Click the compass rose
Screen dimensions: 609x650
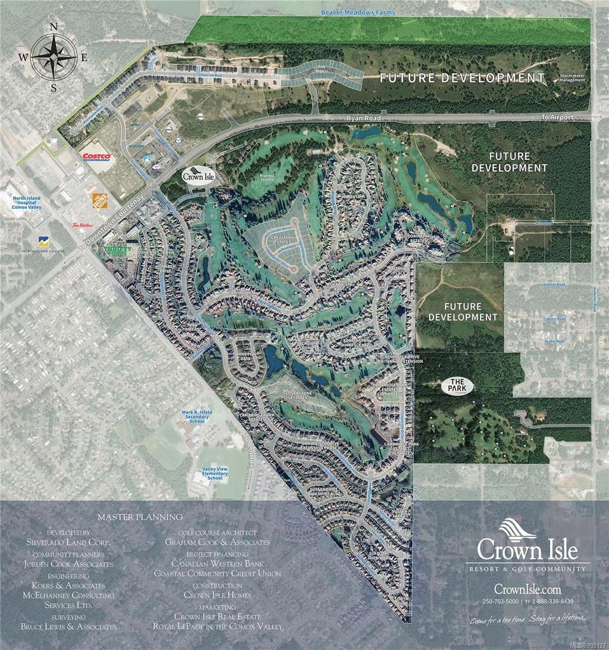(53, 56)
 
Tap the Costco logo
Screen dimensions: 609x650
(96, 156)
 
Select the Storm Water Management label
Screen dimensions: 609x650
(571, 78)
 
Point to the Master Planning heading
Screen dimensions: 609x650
(140, 517)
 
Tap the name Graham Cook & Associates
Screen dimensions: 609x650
(217, 543)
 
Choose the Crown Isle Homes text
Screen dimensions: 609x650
(217, 595)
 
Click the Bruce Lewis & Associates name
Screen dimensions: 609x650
(68, 626)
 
